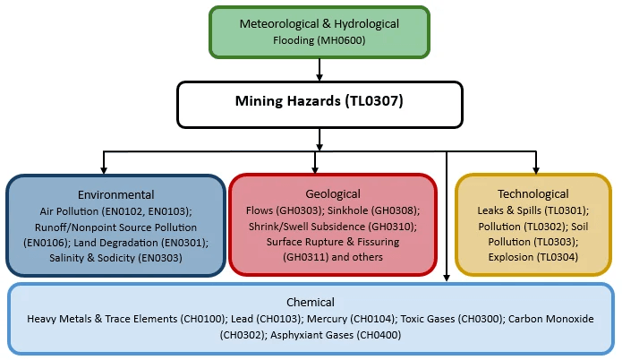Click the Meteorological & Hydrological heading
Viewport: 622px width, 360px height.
point(320,23)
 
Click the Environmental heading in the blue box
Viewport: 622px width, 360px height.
point(115,194)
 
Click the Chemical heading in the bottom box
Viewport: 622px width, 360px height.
point(311,303)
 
